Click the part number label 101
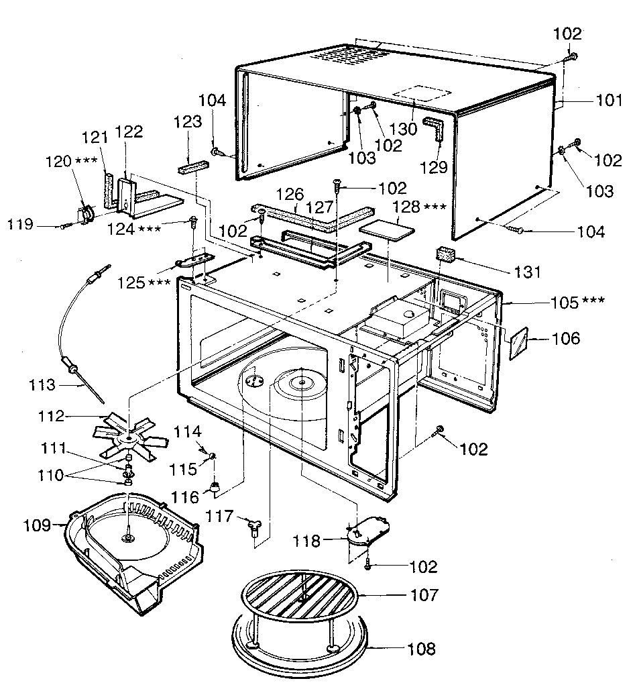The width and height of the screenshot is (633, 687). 610,101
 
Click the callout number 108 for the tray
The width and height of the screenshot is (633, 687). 422,649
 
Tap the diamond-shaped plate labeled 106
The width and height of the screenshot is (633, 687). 520,343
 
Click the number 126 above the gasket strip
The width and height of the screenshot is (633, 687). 289,195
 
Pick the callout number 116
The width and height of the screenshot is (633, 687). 186,497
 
